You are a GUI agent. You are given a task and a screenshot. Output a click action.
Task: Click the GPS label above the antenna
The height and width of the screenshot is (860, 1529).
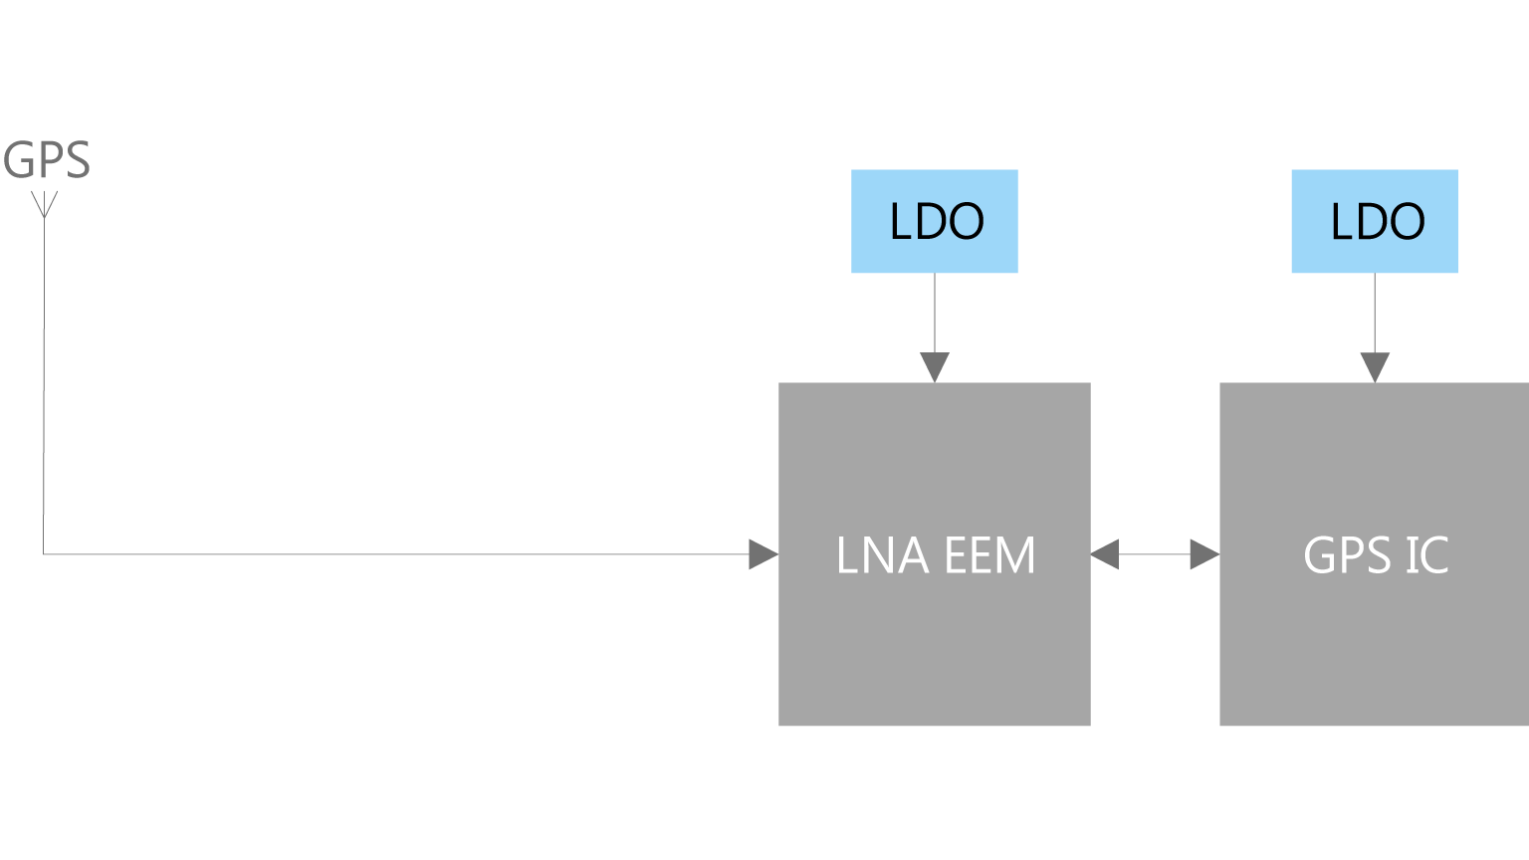[x=47, y=160]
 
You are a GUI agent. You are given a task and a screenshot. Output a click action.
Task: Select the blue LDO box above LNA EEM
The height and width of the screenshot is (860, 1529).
[x=935, y=221]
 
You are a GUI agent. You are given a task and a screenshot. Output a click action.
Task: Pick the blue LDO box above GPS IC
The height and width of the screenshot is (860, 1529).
[x=1375, y=221]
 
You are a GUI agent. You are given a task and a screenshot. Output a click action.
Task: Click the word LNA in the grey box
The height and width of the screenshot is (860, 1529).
[x=883, y=555]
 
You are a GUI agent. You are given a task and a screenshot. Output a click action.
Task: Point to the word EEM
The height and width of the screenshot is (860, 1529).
[x=989, y=555]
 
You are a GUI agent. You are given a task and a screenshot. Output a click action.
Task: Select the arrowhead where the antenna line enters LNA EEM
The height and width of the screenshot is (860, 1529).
[x=764, y=554]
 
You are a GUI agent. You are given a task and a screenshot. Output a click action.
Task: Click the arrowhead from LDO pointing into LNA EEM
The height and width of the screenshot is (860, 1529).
[x=935, y=367]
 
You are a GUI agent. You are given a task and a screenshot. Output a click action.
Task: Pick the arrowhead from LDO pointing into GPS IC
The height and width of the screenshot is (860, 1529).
[x=1375, y=367]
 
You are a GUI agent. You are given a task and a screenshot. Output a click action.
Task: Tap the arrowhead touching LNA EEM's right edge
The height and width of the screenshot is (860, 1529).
[x=1104, y=554]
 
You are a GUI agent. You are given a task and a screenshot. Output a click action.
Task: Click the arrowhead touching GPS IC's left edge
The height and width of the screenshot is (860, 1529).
[x=1204, y=554]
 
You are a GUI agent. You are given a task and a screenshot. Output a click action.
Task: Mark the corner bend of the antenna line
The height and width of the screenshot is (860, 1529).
[x=44, y=554]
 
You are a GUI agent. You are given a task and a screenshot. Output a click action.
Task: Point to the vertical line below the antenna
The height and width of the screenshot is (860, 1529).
[x=44, y=385]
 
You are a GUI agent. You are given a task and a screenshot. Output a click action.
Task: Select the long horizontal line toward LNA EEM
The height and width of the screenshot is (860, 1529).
[x=396, y=554]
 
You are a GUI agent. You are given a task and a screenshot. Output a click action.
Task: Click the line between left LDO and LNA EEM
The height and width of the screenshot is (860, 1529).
[x=935, y=313]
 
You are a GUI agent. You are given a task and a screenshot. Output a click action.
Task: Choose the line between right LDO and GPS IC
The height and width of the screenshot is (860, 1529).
[x=1375, y=313]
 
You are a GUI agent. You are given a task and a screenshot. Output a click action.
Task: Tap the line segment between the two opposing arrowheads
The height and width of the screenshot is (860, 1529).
[x=1155, y=554]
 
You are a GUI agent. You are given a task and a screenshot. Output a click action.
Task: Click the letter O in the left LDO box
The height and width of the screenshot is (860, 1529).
[x=967, y=222]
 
